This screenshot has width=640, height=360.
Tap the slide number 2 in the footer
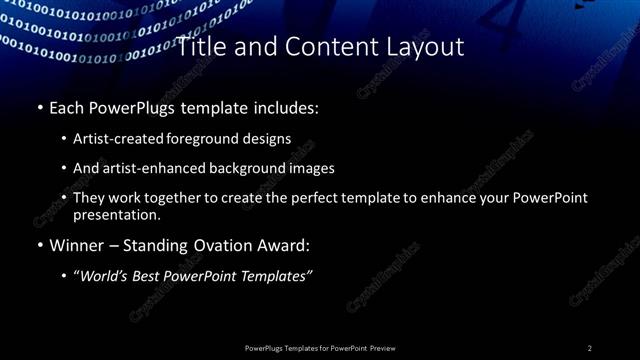coord(590,348)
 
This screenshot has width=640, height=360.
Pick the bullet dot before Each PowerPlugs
coord(39,106)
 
